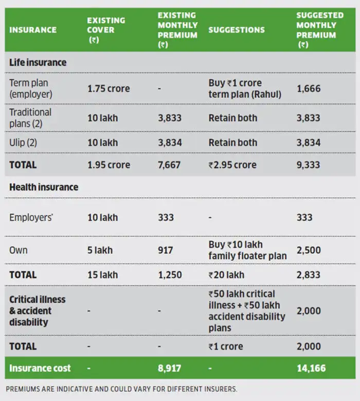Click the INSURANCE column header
point(33,30)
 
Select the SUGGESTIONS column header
point(237,30)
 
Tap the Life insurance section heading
point(38,62)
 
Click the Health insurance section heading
point(44,187)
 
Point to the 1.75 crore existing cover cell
point(109,89)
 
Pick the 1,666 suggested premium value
point(309,89)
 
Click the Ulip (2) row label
point(23,143)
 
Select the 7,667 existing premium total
point(169,165)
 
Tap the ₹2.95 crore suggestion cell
point(232,165)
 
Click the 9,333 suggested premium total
point(308,165)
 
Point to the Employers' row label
point(31,217)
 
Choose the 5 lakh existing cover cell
point(100,250)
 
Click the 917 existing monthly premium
point(165,250)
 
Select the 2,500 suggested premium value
point(309,250)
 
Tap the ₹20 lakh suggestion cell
point(226,275)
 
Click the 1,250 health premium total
point(170,275)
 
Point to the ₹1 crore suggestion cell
point(226,346)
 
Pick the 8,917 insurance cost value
point(169,368)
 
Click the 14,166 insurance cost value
point(311,368)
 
